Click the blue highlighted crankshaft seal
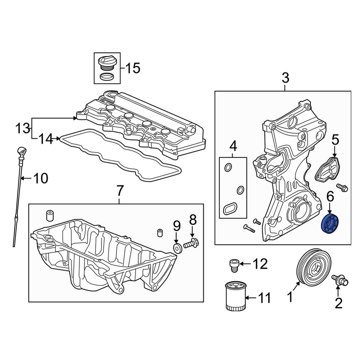coord(329,225)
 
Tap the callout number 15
coord(133,68)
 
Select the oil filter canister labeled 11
coord(236,296)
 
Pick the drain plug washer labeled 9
coord(178,248)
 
